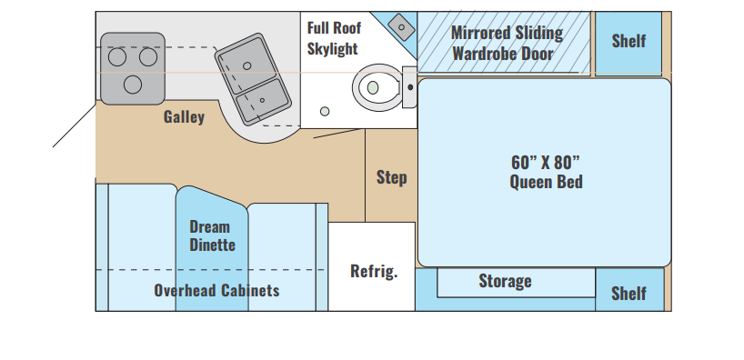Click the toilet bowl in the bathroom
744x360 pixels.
(377, 88)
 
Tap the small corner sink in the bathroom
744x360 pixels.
(401, 27)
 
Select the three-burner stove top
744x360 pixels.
(133, 68)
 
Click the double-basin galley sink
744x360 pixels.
(253, 79)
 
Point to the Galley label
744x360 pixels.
(184, 116)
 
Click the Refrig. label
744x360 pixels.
(374, 271)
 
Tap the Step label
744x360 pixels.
(391, 177)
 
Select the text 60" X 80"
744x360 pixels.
(546, 162)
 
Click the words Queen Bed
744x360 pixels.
(546, 182)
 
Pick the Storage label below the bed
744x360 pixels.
(505, 281)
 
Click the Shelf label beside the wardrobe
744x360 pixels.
(628, 41)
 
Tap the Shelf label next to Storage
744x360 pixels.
(628, 293)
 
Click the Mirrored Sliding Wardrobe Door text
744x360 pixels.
(507, 43)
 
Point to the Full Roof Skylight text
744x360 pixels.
(334, 38)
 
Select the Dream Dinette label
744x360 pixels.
(212, 235)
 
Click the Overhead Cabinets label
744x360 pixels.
(216, 290)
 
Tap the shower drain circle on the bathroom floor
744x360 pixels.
(325, 112)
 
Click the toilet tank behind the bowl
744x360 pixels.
(409, 87)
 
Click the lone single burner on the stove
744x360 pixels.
(133, 85)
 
